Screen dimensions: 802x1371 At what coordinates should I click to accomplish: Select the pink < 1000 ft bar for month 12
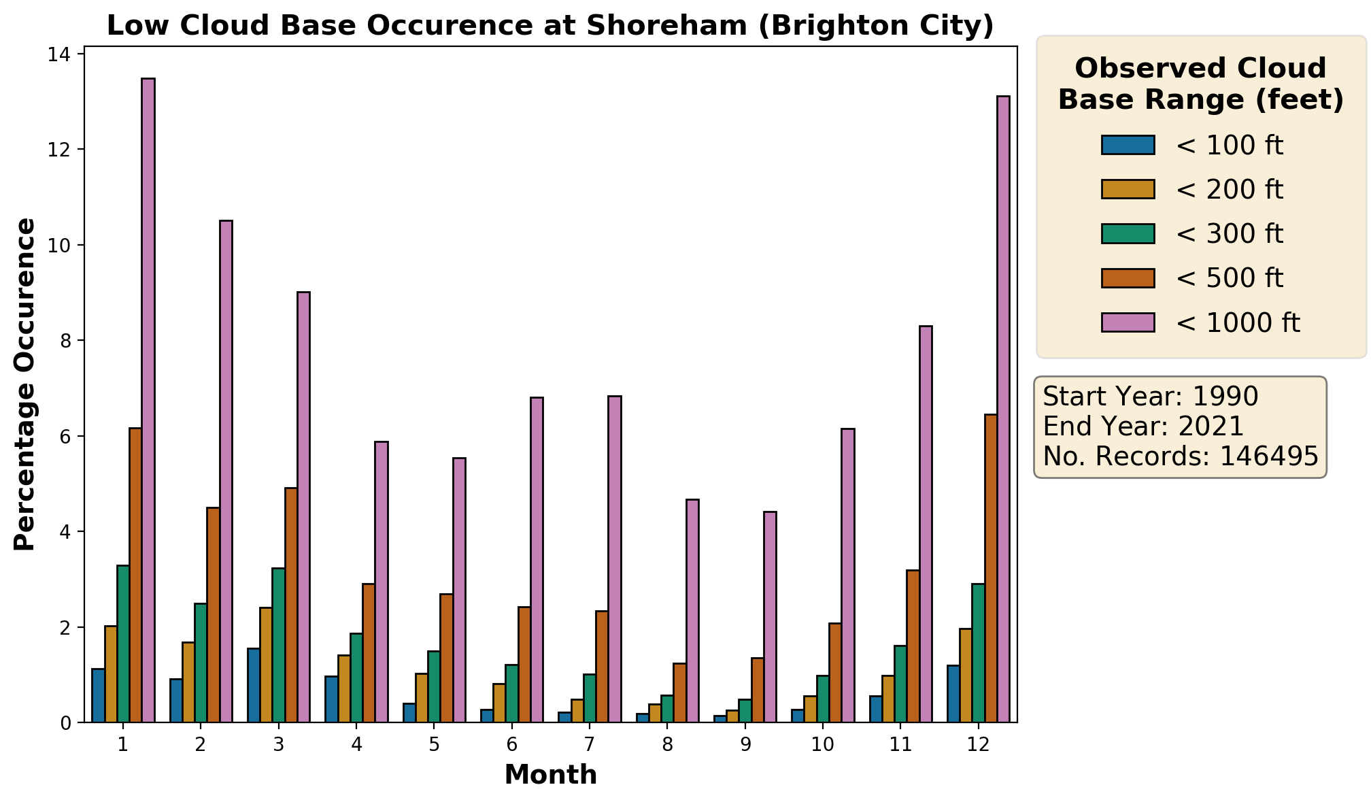pyautogui.click(x=1003, y=409)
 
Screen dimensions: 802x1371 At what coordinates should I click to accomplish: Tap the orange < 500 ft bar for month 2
pyautogui.click(x=214, y=615)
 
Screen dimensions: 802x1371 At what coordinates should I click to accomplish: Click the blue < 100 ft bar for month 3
pyautogui.click(x=254, y=685)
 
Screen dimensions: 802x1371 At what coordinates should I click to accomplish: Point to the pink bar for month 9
pyautogui.click(x=770, y=617)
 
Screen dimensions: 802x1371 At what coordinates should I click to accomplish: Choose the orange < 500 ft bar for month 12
pyautogui.click(x=991, y=568)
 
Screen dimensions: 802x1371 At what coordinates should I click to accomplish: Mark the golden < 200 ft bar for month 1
pyautogui.click(x=111, y=674)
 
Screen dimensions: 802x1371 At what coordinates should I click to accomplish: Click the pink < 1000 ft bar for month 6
pyautogui.click(x=537, y=560)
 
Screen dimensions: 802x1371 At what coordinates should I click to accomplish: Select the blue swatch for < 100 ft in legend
pyautogui.click(x=1128, y=145)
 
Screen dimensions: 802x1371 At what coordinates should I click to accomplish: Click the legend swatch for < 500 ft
pyautogui.click(x=1128, y=278)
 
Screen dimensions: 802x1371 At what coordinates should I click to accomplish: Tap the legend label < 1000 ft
pyautogui.click(x=1238, y=322)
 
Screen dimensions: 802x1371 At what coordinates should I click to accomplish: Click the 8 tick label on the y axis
pyautogui.click(x=66, y=341)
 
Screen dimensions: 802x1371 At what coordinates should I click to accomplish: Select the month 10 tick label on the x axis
pyautogui.click(x=822, y=744)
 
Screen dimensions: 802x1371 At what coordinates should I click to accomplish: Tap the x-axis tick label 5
pyautogui.click(x=434, y=744)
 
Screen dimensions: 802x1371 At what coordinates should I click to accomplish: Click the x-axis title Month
pyautogui.click(x=550, y=775)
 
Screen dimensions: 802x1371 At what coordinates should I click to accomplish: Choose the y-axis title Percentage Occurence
pyautogui.click(x=25, y=384)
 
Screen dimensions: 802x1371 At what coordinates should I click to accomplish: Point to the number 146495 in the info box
pyautogui.click(x=1268, y=456)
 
